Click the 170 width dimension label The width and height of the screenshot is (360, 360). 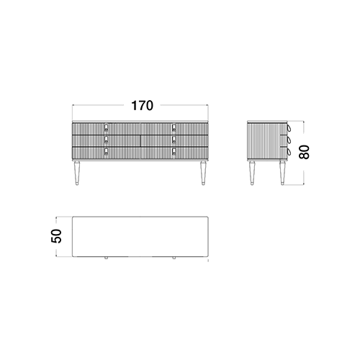point(142,106)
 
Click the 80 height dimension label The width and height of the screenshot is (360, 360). point(304,152)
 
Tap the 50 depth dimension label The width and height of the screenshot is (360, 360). point(56,236)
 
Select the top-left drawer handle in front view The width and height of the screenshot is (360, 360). point(106,127)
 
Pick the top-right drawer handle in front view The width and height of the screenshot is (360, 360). point(174,127)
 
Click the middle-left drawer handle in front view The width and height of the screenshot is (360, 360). point(106,140)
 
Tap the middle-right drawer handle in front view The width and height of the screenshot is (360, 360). point(174,140)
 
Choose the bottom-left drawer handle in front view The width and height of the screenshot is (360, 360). point(106,152)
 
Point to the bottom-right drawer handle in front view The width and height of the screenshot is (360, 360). point(174,152)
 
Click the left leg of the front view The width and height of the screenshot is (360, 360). point(77,173)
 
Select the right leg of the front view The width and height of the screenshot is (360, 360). point(203,173)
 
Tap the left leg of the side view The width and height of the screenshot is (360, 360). point(252,173)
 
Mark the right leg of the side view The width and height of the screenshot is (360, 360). point(282,173)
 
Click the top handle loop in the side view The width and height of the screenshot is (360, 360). point(289,127)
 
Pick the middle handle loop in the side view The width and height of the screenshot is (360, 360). point(289,140)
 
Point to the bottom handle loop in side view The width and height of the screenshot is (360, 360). point(289,152)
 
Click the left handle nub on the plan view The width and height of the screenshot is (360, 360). point(106,258)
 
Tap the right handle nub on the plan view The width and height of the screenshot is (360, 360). point(174,258)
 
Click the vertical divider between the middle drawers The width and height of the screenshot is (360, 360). point(140,140)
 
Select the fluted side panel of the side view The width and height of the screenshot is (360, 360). point(264,140)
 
